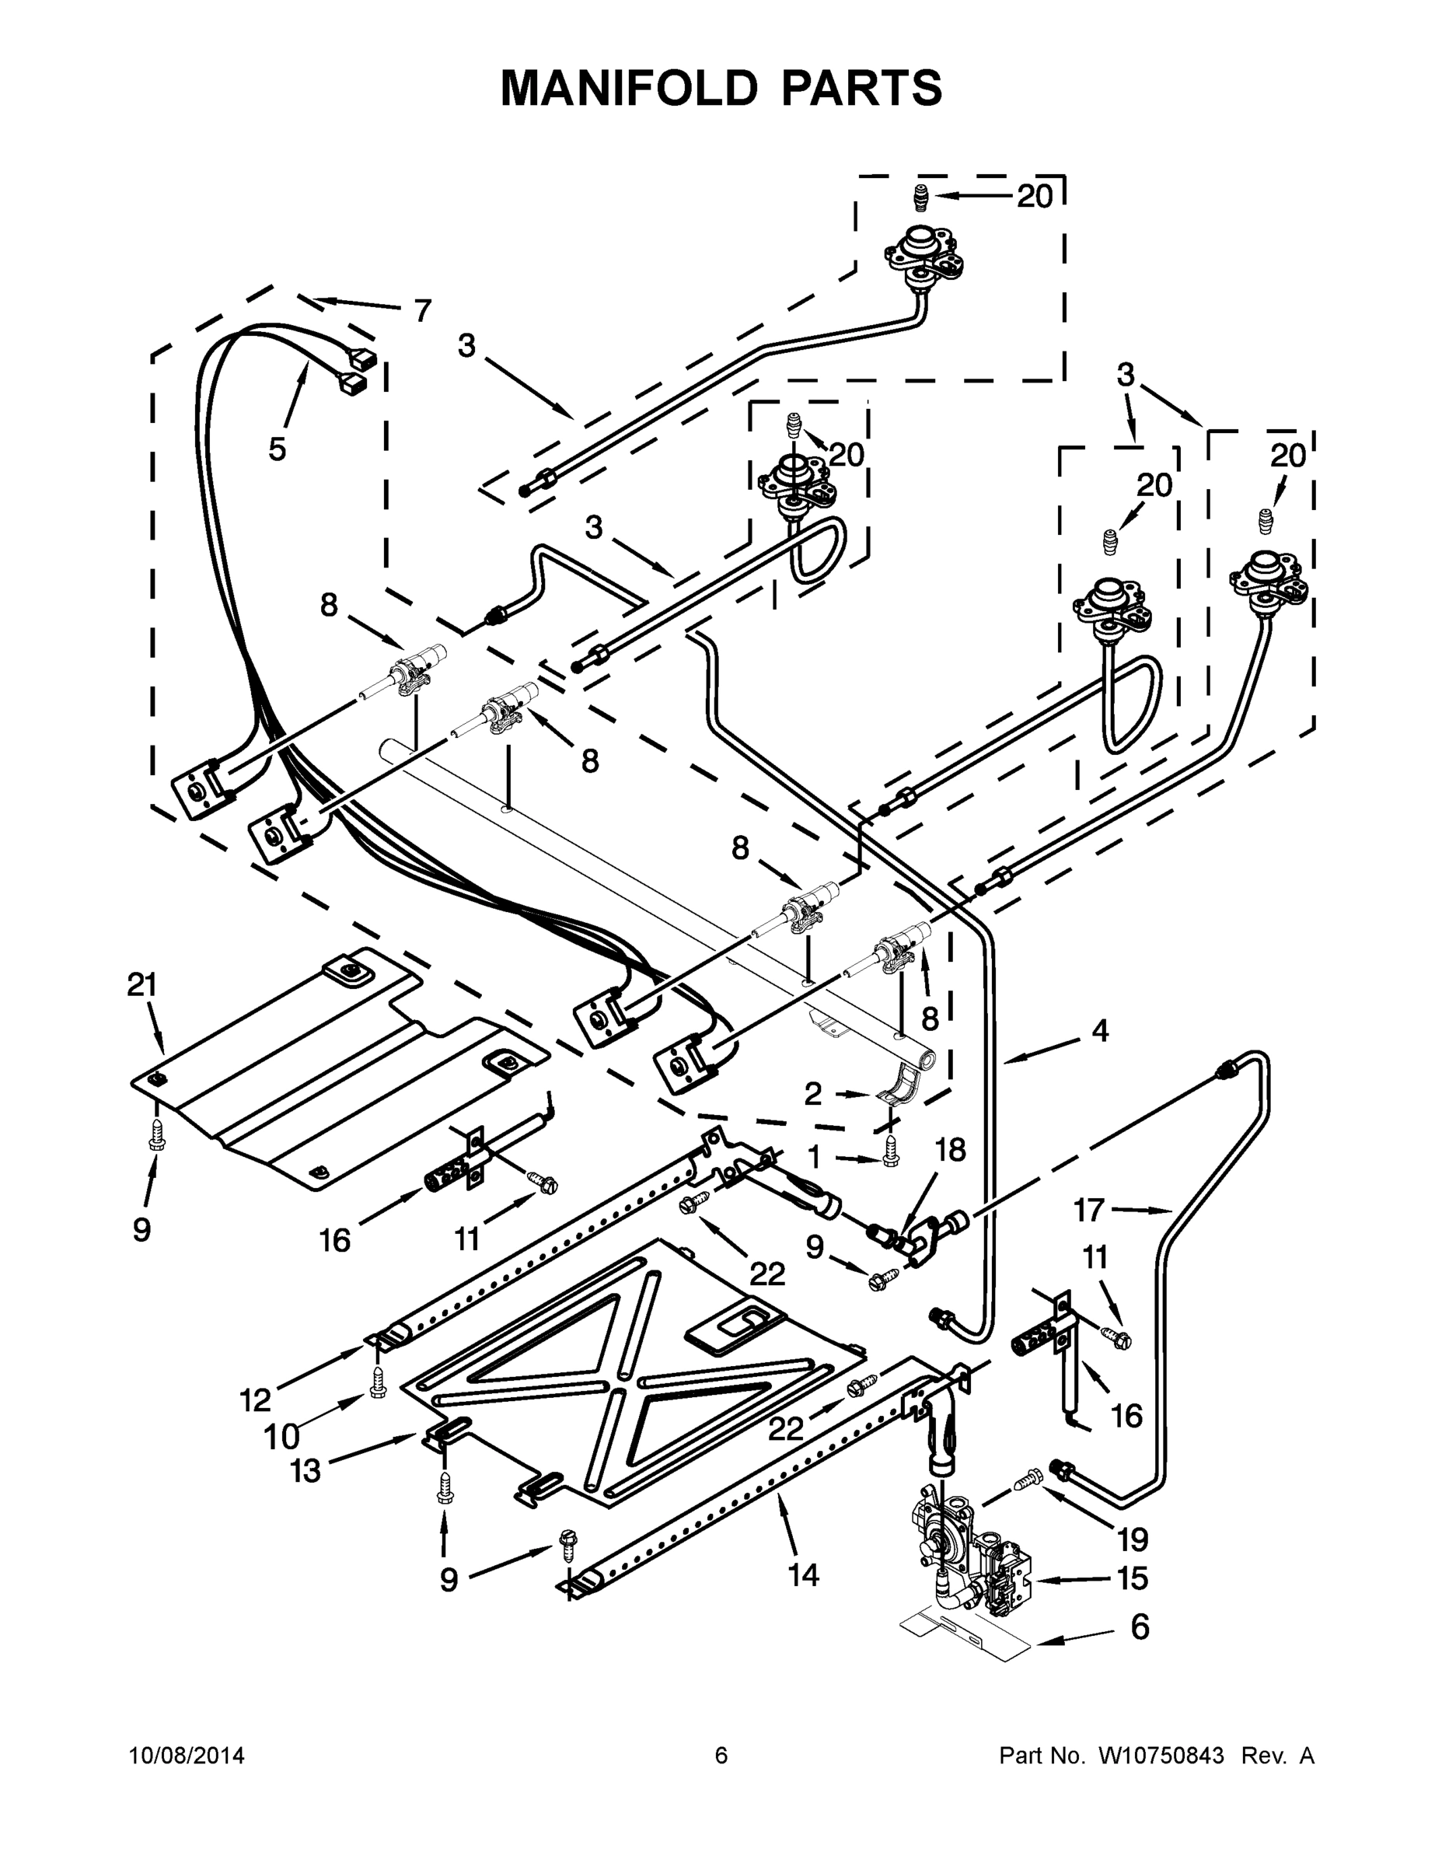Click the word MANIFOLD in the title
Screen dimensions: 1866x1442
(629, 87)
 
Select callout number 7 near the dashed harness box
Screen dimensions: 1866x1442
(422, 311)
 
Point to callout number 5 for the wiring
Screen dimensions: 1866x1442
(277, 449)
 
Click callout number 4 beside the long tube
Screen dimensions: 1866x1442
(1099, 1031)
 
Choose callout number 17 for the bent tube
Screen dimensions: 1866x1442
(1089, 1210)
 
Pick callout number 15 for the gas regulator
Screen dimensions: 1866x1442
(1132, 1578)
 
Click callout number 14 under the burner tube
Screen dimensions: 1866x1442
(803, 1574)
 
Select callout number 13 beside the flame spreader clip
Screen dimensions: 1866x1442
(305, 1470)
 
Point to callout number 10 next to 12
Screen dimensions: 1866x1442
(282, 1437)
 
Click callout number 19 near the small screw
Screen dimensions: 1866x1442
(1133, 1539)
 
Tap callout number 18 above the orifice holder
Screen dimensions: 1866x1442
(949, 1150)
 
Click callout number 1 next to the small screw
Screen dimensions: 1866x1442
(813, 1158)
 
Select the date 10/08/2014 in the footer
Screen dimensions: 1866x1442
(187, 1755)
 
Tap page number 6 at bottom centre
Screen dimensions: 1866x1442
(721, 1755)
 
